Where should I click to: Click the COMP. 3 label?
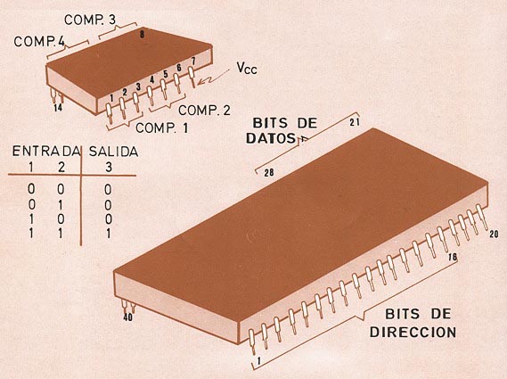(90, 20)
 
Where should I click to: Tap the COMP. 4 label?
(39, 41)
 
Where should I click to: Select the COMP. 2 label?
(204, 111)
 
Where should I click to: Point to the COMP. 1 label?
(161, 128)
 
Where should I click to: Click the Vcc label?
(247, 68)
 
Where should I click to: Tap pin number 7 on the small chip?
(193, 61)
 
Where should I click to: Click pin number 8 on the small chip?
(143, 34)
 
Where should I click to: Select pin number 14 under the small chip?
(58, 108)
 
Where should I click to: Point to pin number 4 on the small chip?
(152, 79)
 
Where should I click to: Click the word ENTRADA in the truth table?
(46, 151)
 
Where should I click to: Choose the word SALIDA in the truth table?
(113, 152)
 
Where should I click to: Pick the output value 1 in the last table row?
(109, 234)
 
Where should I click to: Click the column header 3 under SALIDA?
(109, 167)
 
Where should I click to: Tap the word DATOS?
(271, 138)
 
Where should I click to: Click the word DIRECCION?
(413, 332)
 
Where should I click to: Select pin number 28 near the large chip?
(269, 173)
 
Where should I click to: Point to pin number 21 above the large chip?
(355, 122)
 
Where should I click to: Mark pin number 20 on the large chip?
(494, 234)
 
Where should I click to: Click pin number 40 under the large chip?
(128, 317)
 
